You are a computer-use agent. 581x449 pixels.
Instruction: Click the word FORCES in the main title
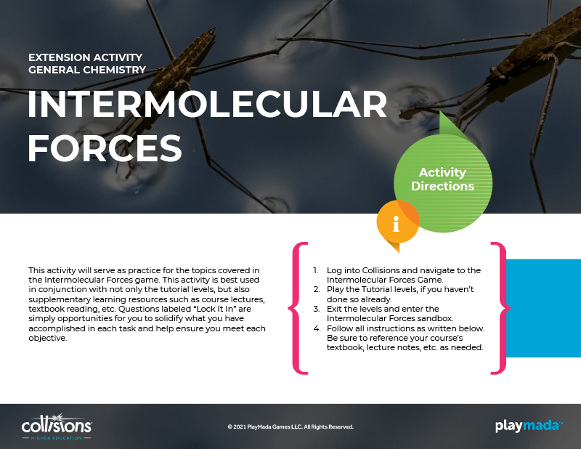click(x=105, y=148)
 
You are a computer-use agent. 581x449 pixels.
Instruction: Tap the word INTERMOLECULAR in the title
click(x=208, y=105)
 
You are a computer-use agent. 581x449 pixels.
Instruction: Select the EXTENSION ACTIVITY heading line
click(x=86, y=57)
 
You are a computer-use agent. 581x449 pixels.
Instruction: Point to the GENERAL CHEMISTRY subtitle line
click(x=87, y=70)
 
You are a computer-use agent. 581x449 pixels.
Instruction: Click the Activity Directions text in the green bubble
click(x=443, y=179)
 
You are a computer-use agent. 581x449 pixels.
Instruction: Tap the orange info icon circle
click(x=397, y=222)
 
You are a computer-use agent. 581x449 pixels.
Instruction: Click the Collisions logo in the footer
click(x=57, y=426)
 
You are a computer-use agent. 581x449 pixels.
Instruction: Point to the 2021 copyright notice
click(x=291, y=426)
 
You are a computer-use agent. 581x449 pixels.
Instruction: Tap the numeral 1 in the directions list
click(x=315, y=271)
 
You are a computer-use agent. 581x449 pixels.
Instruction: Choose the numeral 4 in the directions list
click(x=317, y=328)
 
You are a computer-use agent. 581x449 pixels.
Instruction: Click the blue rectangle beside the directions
click(x=543, y=308)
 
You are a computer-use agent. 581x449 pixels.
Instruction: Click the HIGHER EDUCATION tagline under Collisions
click(x=57, y=438)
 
